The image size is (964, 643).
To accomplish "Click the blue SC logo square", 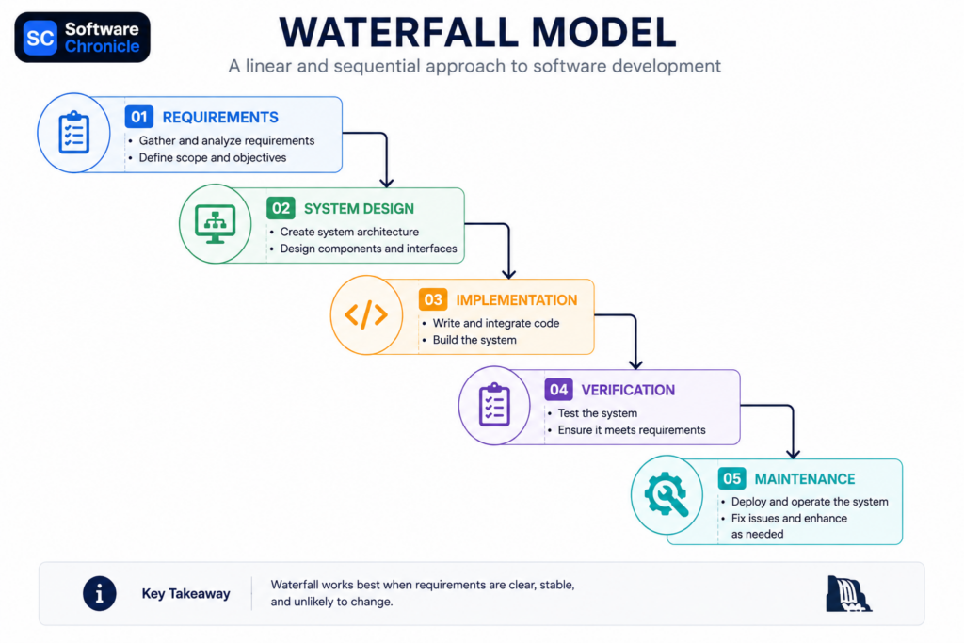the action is pyautogui.click(x=40, y=38).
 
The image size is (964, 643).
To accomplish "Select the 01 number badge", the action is pyautogui.click(x=139, y=117).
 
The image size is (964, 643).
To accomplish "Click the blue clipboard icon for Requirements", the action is pyautogui.click(x=73, y=132).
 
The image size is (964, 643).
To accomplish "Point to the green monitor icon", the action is pyautogui.click(x=216, y=224).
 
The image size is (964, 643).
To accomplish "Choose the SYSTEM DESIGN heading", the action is pyautogui.click(x=359, y=209).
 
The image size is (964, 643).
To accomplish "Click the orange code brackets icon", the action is pyautogui.click(x=366, y=314).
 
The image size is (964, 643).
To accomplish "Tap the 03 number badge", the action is pyautogui.click(x=433, y=299).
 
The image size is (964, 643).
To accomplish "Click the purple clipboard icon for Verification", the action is pyautogui.click(x=494, y=405).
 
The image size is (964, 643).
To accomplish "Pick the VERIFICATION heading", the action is pyautogui.click(x=628, y=391).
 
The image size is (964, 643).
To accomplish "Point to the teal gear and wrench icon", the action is pyautogui.click(x=667, y=493).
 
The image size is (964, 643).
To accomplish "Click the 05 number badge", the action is pyautogui.click(x=731, y=478).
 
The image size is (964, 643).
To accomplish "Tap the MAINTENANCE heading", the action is pyautogui.click(x=805, y=479).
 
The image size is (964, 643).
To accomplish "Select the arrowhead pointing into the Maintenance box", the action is pyautogui.click(x=793, y=455).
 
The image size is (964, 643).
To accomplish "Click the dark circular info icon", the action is pyautogui.click(x=100, y=593).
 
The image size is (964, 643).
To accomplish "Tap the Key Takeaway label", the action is pyautogui.click(x=185, y=594).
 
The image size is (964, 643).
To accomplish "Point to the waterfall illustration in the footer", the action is pyautogui.click(x=848, y=594).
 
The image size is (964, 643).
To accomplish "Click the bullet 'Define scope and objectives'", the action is pyautogui.click(x=213, y=158).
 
